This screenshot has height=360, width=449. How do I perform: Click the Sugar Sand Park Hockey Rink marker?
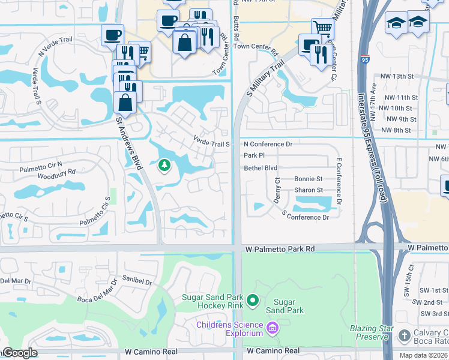point(253,300)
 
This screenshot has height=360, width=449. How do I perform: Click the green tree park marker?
point(163,165)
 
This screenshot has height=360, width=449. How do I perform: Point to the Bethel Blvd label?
point(261,168)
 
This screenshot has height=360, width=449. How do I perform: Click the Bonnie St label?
point(308,179)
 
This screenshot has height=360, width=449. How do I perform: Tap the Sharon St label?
point(308,190)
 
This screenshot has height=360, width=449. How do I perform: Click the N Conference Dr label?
point(268,144)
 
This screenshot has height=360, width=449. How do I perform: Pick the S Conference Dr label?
point(305,217)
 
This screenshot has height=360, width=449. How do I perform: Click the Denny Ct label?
point(277,190)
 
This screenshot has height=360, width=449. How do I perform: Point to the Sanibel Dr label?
point(137,281)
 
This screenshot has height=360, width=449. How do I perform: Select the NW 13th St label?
point(398,76)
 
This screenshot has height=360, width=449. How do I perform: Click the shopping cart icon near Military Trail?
point(323,28)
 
